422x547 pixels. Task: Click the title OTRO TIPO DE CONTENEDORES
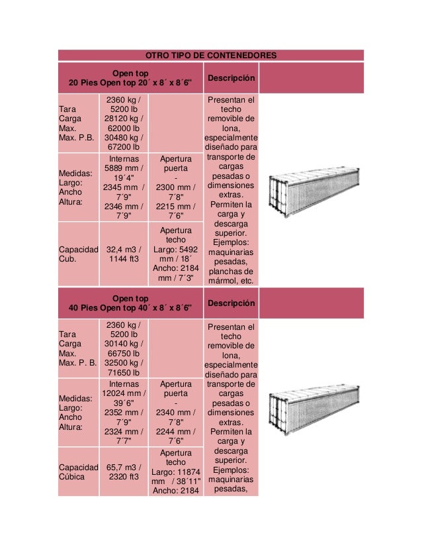click(x=211, y=54)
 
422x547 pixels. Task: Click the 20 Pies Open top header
click(x=130, y=78)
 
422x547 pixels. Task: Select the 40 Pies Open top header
click(x=130, y=303)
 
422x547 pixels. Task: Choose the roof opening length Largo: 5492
click(x=176, y=250)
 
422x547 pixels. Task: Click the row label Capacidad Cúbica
click(x=77, y=471)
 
